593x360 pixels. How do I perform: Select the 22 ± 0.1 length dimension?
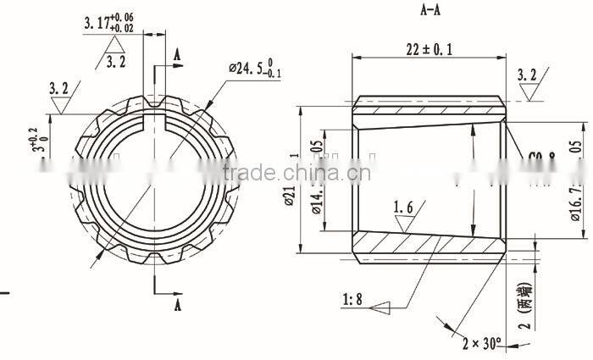pos(429,49)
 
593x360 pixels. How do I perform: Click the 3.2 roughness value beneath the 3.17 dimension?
pos(116,61)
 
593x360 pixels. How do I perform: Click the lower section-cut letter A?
pos(177,302)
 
